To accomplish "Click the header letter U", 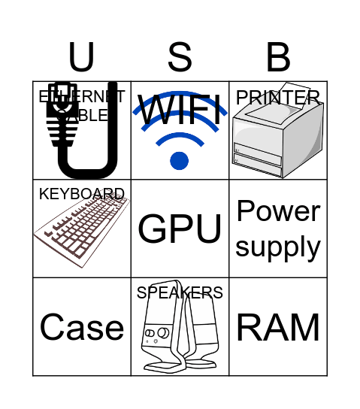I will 82,57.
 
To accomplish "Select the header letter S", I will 180,57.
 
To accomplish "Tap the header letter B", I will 278,57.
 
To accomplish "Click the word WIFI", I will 180,111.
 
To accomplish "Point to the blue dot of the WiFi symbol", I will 179,160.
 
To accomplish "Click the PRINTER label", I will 278,98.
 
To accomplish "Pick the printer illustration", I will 277,139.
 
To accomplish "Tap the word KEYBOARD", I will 82,194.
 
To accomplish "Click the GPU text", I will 180,229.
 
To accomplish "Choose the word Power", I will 278,212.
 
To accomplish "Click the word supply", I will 278,246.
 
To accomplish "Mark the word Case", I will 82,327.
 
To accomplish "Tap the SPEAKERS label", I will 180,292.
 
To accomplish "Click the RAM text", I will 278,327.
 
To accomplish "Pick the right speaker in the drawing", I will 201,335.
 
